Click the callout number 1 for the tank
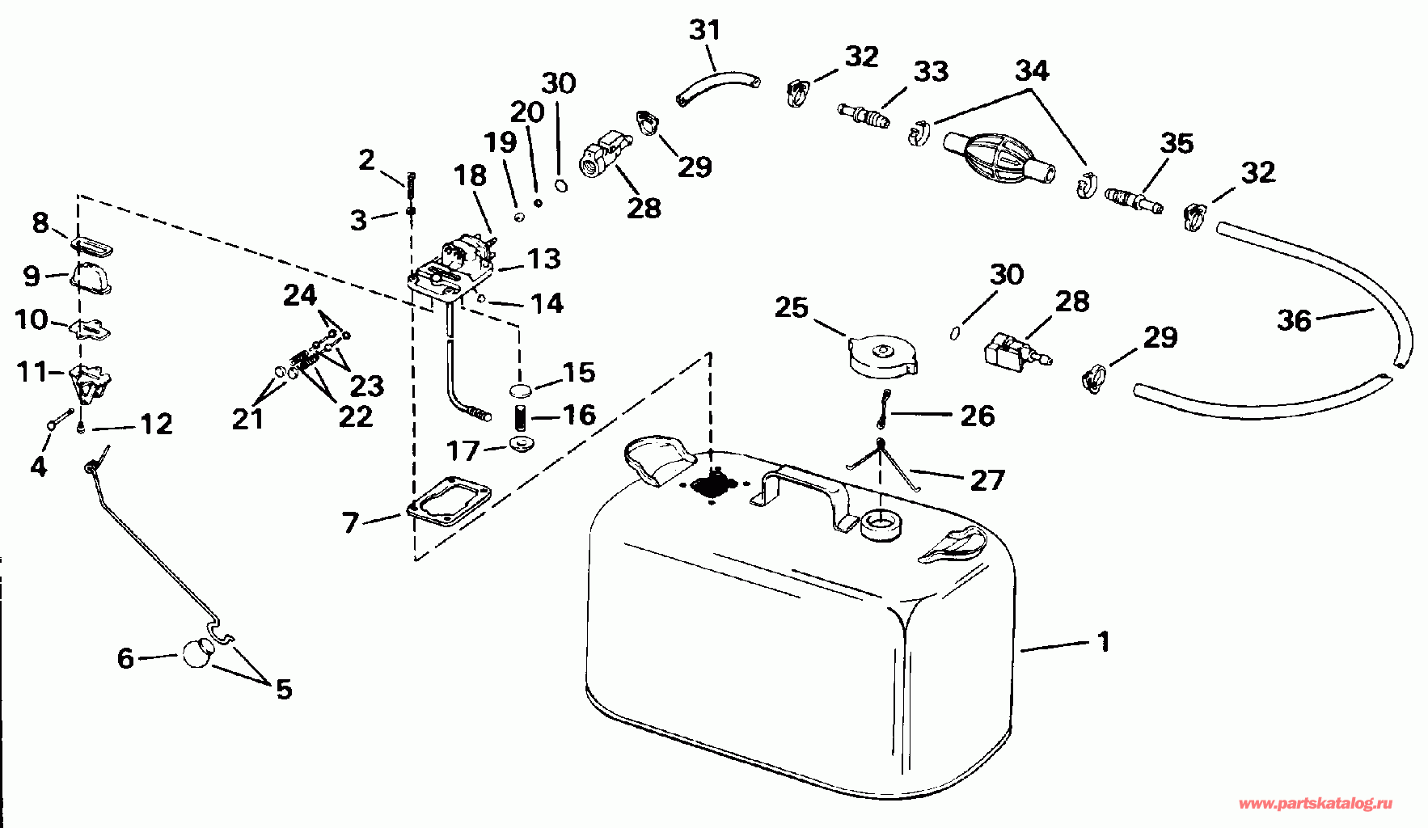point(1103,642)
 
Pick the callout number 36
point(1294,320)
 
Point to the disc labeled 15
point(522,391)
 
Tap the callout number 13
point(543,259)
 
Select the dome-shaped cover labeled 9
point(91,276)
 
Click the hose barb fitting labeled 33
point(864,115)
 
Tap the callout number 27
point(987,480)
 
